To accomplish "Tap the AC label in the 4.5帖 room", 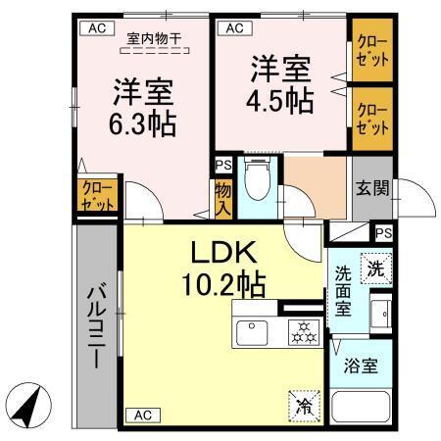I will tap(233, 28).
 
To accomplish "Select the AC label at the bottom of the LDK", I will tap(141, 414).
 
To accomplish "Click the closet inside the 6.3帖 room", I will tap(97, 196).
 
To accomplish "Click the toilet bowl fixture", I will tap(255, 180).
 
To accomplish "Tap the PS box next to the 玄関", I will tap(383, 233).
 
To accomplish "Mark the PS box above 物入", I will tap(222, 167).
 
